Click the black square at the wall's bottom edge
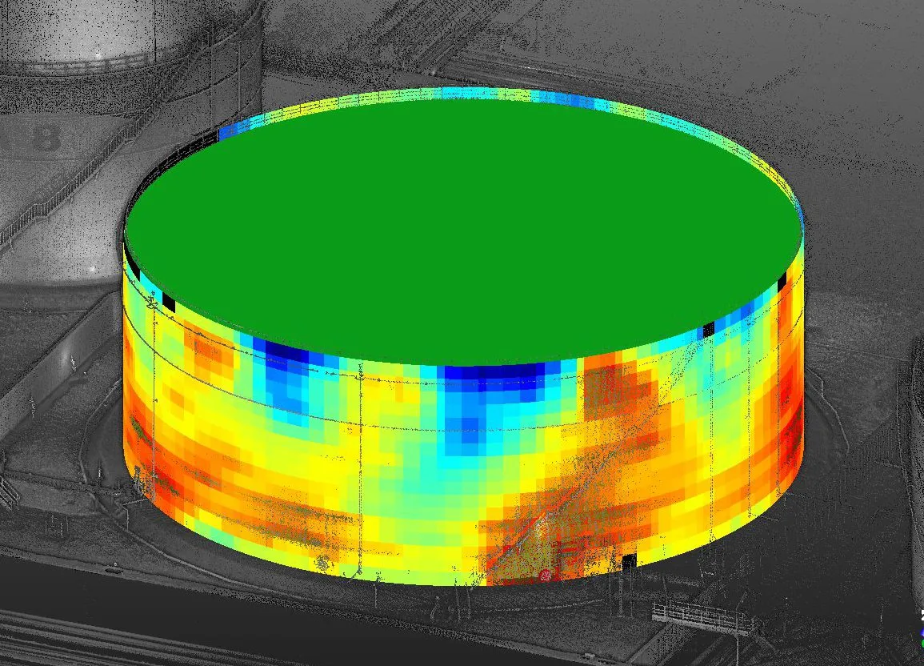(x=628, y=561)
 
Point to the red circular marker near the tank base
(x=546, y=574)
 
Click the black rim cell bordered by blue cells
(x=707, y=329)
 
